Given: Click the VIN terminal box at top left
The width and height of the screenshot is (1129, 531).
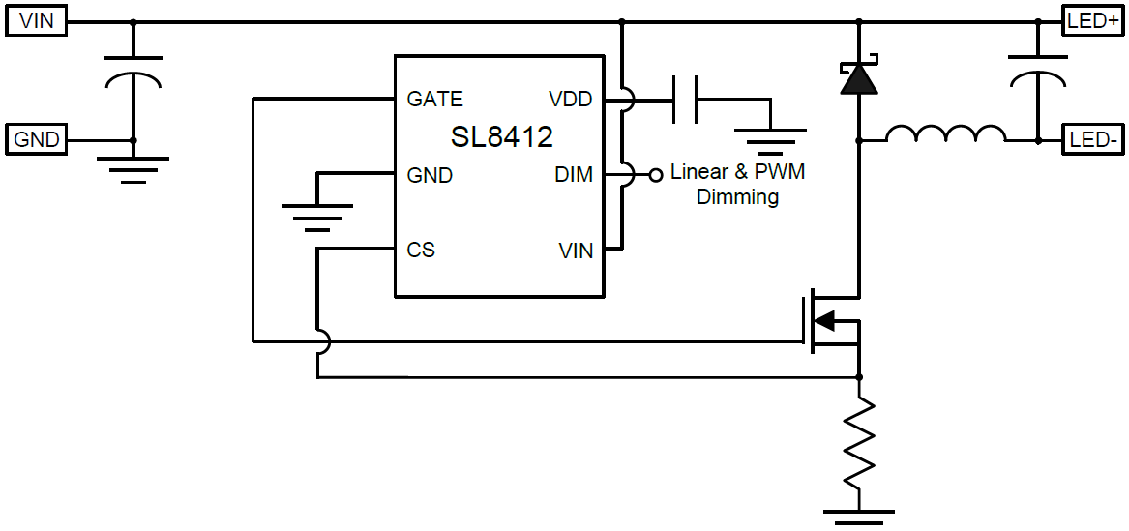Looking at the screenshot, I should pos(37,21).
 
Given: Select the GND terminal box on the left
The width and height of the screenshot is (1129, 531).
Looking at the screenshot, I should pos(37,140).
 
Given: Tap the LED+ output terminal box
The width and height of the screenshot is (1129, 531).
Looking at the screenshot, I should pos(1093,21).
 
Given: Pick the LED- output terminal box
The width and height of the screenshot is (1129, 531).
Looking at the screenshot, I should pos(1093,140).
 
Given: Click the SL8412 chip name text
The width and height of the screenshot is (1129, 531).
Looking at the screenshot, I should pos(501,137).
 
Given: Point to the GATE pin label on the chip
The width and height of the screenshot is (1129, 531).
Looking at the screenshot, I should pos(435,100).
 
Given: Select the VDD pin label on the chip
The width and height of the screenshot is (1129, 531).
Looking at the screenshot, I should pos(570,100).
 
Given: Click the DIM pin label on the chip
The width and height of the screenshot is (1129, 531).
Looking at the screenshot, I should pos(574,175).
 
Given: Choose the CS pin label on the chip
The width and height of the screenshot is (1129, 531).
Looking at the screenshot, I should pos(421,251).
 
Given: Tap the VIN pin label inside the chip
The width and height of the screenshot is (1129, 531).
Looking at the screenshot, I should pos(576,251).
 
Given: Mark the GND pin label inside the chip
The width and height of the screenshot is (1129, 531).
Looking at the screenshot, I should pos(430,175).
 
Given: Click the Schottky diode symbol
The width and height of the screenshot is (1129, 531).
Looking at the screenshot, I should pos(859,78).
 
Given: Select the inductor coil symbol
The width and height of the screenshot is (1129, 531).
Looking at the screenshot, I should pos(945,135).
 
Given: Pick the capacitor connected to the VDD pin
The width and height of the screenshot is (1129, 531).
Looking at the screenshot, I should pos(686,100).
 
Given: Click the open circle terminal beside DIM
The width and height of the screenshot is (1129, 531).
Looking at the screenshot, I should pos(654,175).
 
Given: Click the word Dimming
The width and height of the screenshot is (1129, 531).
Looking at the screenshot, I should pos(737,197).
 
